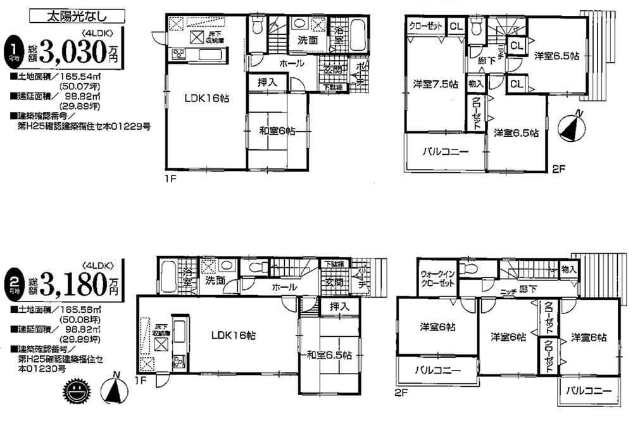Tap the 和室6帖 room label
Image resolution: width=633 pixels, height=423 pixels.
(x=277, y=131)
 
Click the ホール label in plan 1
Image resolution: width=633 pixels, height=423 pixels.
(x=292, y=64)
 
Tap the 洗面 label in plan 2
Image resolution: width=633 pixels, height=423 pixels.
(x=215, y=281)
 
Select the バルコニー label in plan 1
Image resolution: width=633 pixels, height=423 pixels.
(x=445, y=152)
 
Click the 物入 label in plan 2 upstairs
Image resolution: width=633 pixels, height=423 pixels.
(x=568, y=270)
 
